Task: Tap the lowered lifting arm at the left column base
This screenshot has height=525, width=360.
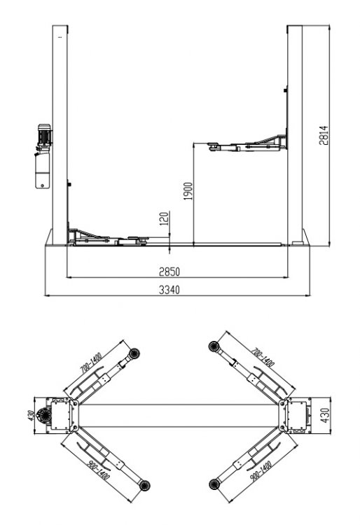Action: click(105, 238)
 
